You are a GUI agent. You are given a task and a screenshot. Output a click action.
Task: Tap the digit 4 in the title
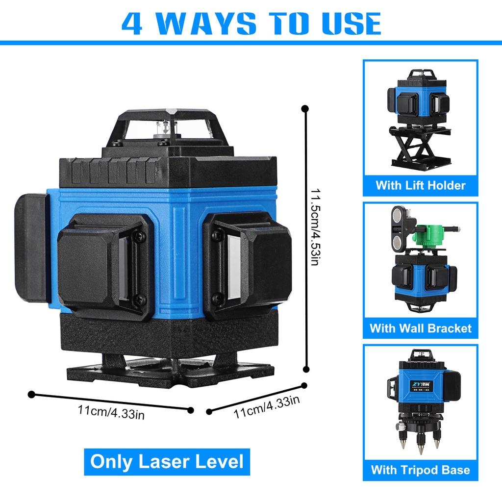click(x=132, y=22)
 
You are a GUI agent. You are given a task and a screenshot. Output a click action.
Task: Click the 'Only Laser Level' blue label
click(x=167, y=461)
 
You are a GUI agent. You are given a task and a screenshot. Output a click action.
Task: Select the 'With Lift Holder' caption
click(x=420, y=185)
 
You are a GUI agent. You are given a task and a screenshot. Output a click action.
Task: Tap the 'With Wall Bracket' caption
click(x=420, y=328)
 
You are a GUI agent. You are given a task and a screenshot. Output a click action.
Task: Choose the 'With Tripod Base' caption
click(x=420, y=470)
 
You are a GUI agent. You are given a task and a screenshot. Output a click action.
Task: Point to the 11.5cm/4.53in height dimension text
click(x=314, y=228)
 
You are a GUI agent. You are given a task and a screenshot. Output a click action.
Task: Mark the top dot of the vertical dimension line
click(x=305, y=108)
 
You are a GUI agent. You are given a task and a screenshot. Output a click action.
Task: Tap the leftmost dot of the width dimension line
click(x=32, y=394)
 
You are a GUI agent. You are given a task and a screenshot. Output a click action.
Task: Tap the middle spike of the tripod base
click(x=420, y=446)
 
